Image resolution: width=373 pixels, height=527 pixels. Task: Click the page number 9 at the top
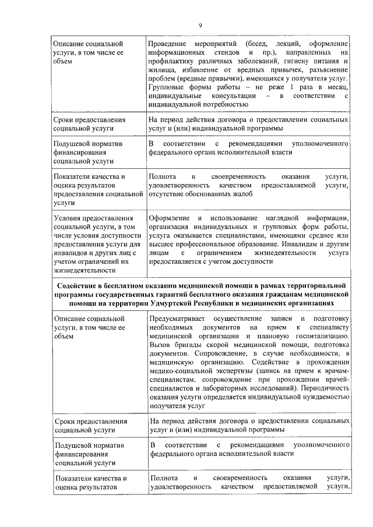point(200,25)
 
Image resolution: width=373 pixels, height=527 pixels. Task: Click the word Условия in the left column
point(67,218)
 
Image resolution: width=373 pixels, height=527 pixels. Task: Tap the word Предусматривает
point(176,319)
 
